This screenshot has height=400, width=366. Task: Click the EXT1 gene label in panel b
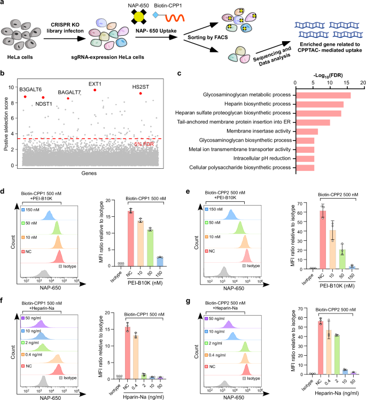(96, 84)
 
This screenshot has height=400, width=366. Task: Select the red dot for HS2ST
(141, 93)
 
